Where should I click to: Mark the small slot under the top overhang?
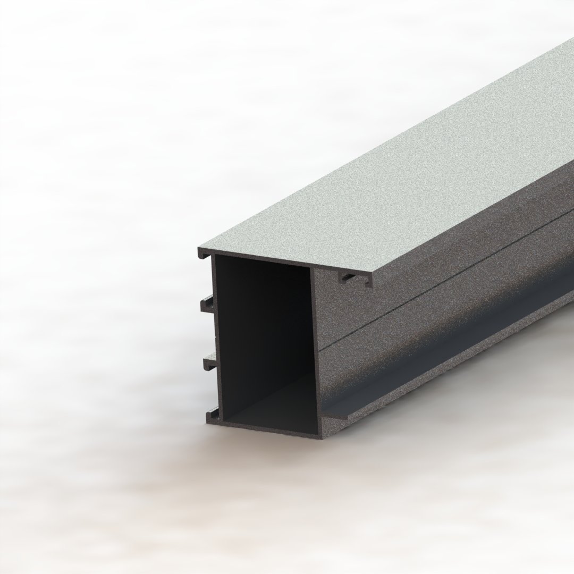[x=348, y=276]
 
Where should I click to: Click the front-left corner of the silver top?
[x=199, y=248]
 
